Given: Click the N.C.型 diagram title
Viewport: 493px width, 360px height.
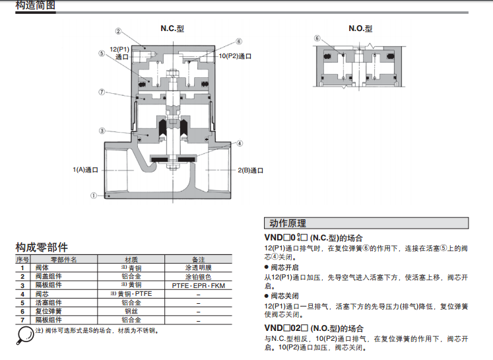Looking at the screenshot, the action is [172, 28].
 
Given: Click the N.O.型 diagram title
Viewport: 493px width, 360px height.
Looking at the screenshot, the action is [360, 28].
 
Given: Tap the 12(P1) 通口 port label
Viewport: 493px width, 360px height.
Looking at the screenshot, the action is [119, 53].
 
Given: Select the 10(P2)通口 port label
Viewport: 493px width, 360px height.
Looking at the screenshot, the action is [235, 56].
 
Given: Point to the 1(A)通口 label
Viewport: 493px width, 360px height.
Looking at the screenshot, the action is [86, 170].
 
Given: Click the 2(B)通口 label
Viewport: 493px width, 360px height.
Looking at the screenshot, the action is [250, 170].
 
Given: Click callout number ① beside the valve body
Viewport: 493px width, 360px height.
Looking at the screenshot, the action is [93, 196].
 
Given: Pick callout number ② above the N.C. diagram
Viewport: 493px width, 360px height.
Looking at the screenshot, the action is [118, 31].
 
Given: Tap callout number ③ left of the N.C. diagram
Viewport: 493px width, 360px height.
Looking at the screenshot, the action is [102, 131].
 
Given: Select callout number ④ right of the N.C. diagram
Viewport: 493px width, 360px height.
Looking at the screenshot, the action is [240, 143].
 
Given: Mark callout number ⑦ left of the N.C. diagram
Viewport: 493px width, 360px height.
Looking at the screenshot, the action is [102, 92].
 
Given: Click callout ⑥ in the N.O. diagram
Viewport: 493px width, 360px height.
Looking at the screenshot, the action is [317, 38].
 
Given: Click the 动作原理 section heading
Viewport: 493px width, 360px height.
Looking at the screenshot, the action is [288, 223].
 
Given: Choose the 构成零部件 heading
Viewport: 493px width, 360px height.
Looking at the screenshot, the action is [42, 247].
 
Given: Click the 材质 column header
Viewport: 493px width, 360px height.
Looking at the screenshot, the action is [131, 260].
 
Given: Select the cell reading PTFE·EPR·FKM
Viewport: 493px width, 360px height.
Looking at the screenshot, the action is [199, 286].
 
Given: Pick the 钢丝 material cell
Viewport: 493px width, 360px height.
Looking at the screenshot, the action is [131, 311].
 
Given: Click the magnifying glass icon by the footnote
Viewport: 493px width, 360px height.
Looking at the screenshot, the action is [24, 335].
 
